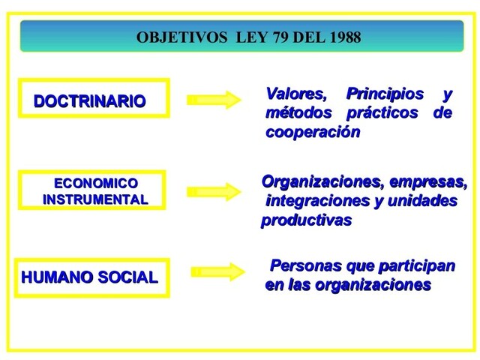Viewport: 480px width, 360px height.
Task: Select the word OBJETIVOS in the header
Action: point(175,38)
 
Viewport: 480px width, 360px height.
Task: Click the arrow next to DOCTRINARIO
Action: point(211,99)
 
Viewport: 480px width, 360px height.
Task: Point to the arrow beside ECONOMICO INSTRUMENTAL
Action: point(211,191)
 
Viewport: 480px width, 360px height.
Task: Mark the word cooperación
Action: point(313,133)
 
